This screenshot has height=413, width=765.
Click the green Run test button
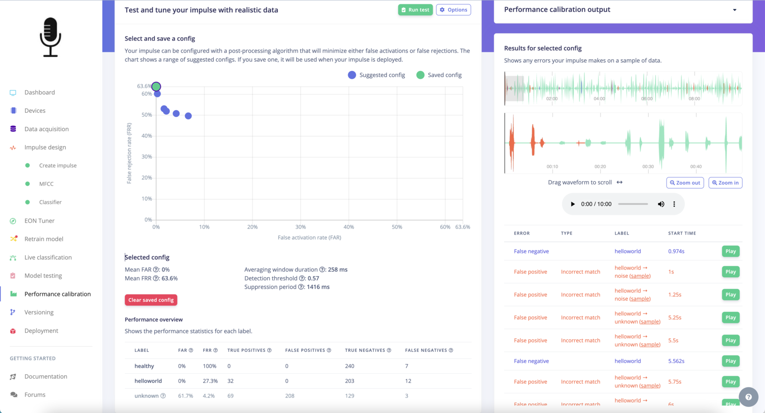[x=415, y=10]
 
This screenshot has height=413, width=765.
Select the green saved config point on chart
[x=156, y=87]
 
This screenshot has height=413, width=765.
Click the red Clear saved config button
[x=151, y=300]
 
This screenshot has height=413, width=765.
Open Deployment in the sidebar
[x=41, y=331]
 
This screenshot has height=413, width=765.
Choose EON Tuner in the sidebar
[x=39, y=221]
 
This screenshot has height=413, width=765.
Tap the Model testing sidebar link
[x=43, y=276]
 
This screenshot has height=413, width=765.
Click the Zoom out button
[x=685, y=183]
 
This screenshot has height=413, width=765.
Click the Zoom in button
[x=725, y=183]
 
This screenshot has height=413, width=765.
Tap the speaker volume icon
[x=661, y=204]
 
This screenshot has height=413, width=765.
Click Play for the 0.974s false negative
[x=730, y=251]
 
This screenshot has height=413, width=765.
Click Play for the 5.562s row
[x=730, y=361]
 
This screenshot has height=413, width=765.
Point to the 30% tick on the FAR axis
[x=301, y=227]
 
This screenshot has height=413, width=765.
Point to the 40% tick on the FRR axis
[x=147, y=136]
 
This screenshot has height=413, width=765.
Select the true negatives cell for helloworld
[x=350, y=381]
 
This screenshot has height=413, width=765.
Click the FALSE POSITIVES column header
[x=305, y=350]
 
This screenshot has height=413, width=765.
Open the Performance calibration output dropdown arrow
[x=734, y=10]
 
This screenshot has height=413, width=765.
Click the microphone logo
[x=50, y=37]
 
